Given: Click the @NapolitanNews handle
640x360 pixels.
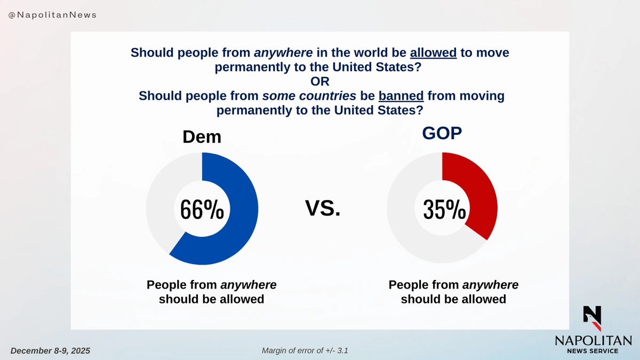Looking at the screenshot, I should click(x=52, y=15).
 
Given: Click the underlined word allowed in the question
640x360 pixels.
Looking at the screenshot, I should click(x=433, y=53).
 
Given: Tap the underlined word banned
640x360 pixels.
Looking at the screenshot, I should click(x=401, y=96).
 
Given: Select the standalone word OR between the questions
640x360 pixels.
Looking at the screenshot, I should click(x=320, y=82).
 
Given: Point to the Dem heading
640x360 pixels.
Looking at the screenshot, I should click(x=202, y=137).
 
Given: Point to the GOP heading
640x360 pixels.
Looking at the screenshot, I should click(x=442, y=133).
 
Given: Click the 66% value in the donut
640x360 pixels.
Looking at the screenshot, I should click(x=202, y=210).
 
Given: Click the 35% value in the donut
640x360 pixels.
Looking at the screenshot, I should click(x=444, y=210).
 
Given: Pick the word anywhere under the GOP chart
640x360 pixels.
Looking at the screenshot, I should click(x=490, y=285).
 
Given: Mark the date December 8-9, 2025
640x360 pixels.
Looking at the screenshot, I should click(x=50, y=350).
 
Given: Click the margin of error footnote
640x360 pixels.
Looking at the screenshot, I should click(x=305, y=350).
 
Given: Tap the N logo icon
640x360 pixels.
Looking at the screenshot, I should click(x=592, y=318).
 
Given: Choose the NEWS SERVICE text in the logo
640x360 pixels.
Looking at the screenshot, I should click(x=593, y=350).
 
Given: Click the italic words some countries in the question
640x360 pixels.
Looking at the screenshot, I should click(x=309, y=96).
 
